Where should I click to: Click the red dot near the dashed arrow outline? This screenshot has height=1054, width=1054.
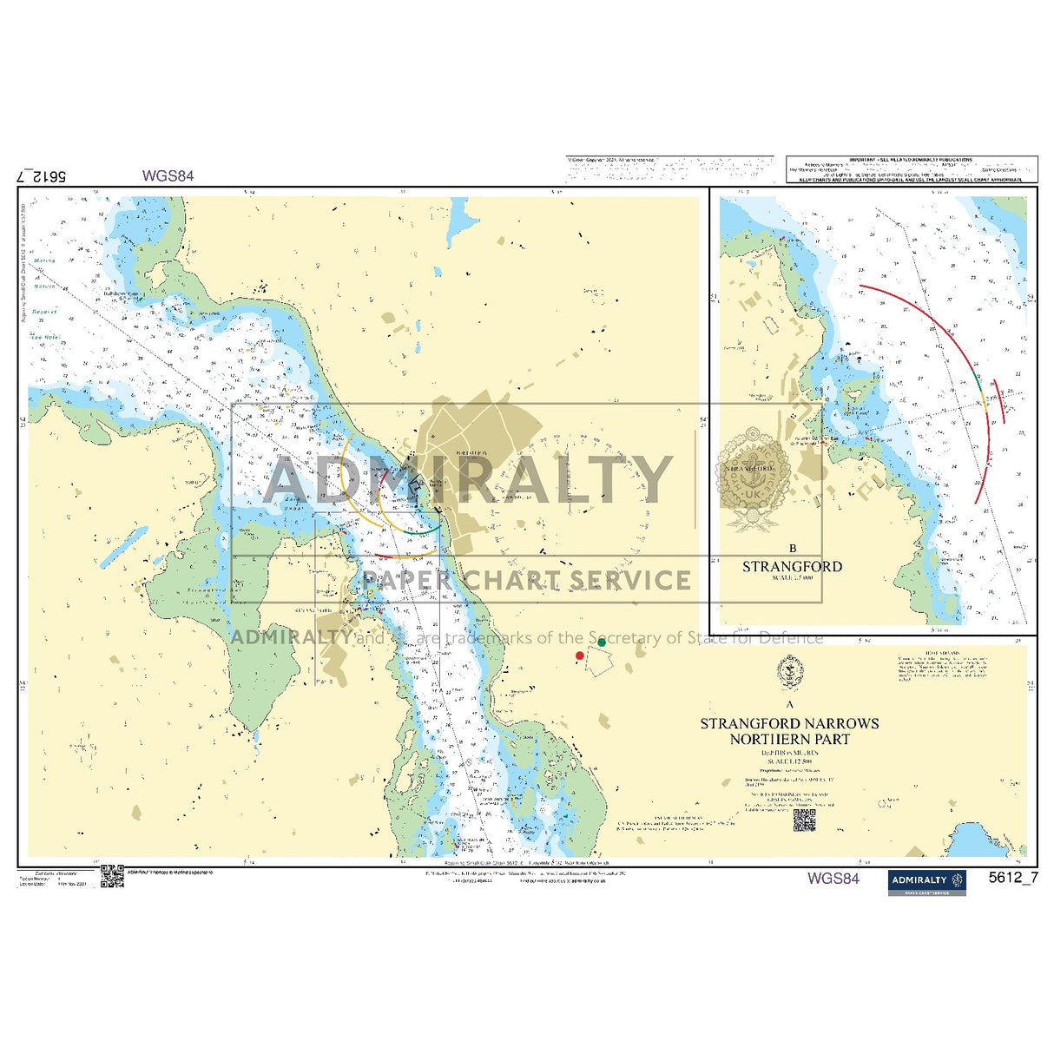(580, 655)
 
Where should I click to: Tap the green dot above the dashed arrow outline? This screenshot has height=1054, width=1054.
(602, 642)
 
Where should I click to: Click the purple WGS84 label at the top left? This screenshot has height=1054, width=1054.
(168, 175)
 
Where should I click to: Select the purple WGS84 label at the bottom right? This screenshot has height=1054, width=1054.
(833, 878)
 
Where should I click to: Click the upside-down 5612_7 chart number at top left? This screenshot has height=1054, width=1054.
(42, 175)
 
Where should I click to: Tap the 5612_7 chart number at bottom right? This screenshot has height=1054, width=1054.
(1013, 877)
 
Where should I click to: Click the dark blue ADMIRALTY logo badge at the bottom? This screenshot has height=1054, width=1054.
(926, 881)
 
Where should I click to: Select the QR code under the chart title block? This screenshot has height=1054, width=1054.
(804, 821)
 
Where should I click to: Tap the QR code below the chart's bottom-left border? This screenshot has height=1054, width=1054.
(112, 876)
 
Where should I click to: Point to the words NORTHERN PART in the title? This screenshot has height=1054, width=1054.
(789, 740)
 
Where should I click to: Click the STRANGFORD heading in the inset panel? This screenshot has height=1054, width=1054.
(792, 567)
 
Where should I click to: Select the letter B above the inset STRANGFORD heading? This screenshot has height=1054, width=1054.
(792, 549)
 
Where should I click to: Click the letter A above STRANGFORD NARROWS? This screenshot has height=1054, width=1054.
(790, 705)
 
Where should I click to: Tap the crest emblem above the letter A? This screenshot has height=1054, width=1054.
(790, 673)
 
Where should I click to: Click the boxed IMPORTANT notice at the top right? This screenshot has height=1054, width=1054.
(911, 169)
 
